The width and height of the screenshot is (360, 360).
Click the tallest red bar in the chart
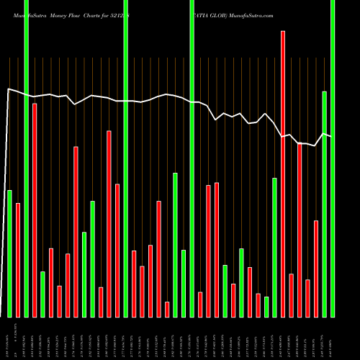pos(283,173)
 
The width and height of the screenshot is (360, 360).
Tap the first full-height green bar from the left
pos(26,158)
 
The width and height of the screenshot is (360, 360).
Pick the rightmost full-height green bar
pos(333,158)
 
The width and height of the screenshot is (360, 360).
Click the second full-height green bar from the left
pos(125,158)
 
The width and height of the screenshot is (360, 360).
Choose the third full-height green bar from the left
pos(192,158)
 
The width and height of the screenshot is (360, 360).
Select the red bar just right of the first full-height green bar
pos(35,209)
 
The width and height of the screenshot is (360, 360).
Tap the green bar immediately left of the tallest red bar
pos(274,247)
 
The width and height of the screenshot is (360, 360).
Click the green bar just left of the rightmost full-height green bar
pos(325,204)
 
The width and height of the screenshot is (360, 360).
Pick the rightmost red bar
pos(316,268)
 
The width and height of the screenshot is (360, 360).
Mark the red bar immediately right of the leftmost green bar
pos(18,259)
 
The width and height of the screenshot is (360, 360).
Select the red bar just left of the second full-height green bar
pos(117,250)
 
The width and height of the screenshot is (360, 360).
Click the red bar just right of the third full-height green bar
pos(200,304)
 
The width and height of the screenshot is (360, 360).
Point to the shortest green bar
pos(266,307)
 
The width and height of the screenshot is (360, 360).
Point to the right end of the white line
pos(330,136)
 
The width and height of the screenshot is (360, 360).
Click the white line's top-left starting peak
pos(8,89)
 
